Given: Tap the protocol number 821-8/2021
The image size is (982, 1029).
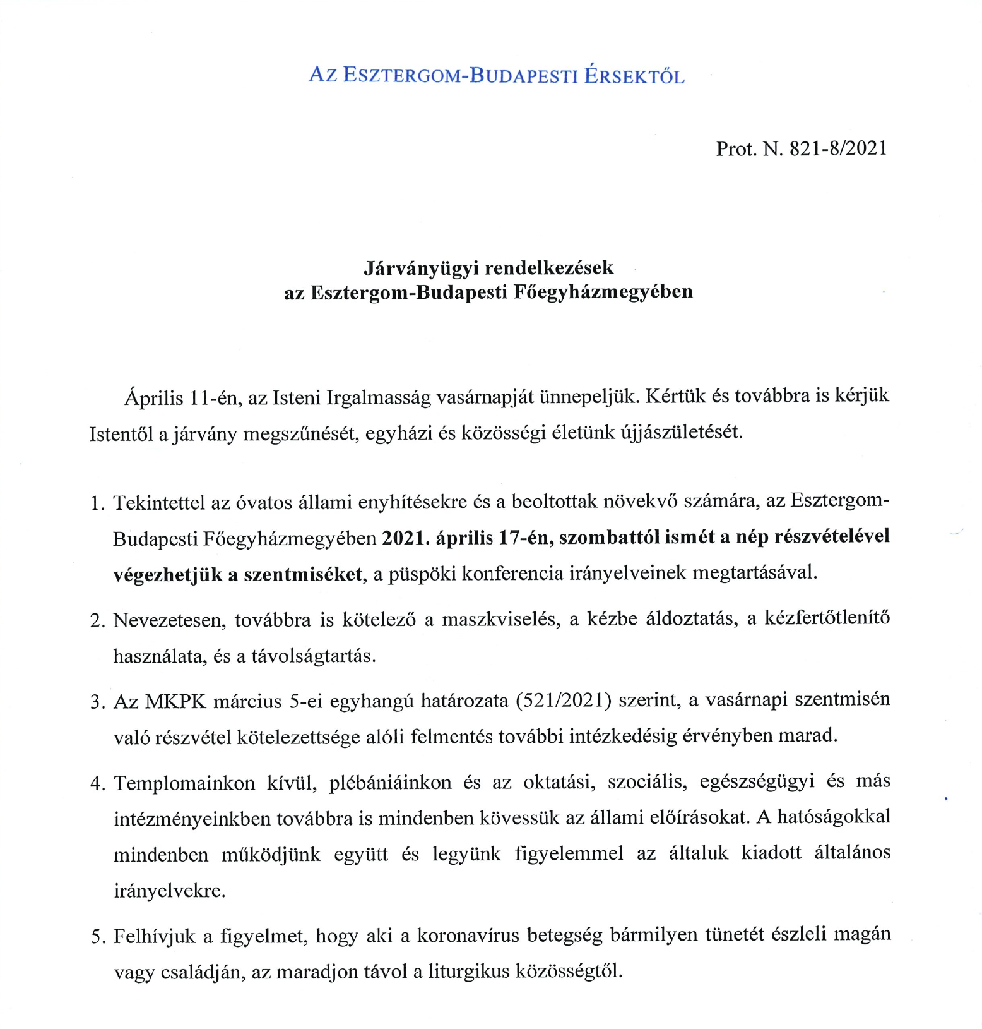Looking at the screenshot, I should pos(838,148).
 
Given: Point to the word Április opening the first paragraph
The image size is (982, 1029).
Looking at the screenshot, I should pos(154,398).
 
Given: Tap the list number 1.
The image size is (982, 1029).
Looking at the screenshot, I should pos(97,503).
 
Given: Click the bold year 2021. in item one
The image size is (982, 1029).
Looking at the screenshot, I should pos(406,537).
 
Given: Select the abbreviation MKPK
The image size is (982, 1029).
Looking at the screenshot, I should pos(175,702).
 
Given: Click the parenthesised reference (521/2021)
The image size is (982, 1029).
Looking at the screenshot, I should pos(564,701).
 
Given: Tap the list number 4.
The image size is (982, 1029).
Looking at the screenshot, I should pos(97,784).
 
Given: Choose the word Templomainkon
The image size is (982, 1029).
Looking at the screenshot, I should pos(184,783).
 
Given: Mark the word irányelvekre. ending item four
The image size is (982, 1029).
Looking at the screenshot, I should pos(169,891).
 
